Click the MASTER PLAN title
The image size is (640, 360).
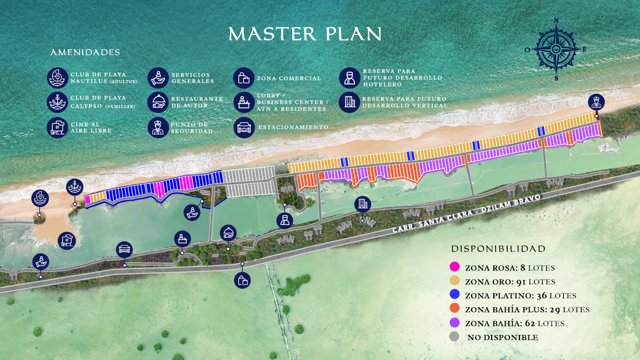(x=305, y=34)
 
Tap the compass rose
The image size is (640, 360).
(x=556, y=49)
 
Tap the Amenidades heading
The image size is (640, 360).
(x=85, y=53)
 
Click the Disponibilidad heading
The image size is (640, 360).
(x=498, y=249)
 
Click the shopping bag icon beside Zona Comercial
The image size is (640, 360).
(x=243, y=78)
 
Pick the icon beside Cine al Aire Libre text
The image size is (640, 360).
(x=57, y=127)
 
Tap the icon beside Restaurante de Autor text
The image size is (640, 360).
(x=159, y=102)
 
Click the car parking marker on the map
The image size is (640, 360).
(x=125, y=249)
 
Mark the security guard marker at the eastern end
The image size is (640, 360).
(x=596, y=102)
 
